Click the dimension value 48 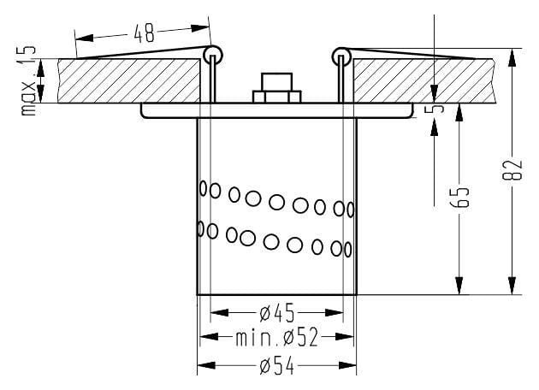(144, 33)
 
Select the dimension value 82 (512, 169)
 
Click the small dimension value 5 (434, 109)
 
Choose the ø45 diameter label (277, 313)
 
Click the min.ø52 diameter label (276, 338)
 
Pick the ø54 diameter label (277, 365)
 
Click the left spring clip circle (214, 54)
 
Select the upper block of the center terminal (276, 82)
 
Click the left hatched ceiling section (128, 80)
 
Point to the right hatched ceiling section (424, 80)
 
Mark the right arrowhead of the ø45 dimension (335, 313)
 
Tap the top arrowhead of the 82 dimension (512, 57)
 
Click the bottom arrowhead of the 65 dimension (459, 285)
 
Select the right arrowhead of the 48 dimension (200, 28)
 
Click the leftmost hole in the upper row (203, 188)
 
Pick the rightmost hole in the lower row (348, 250)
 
